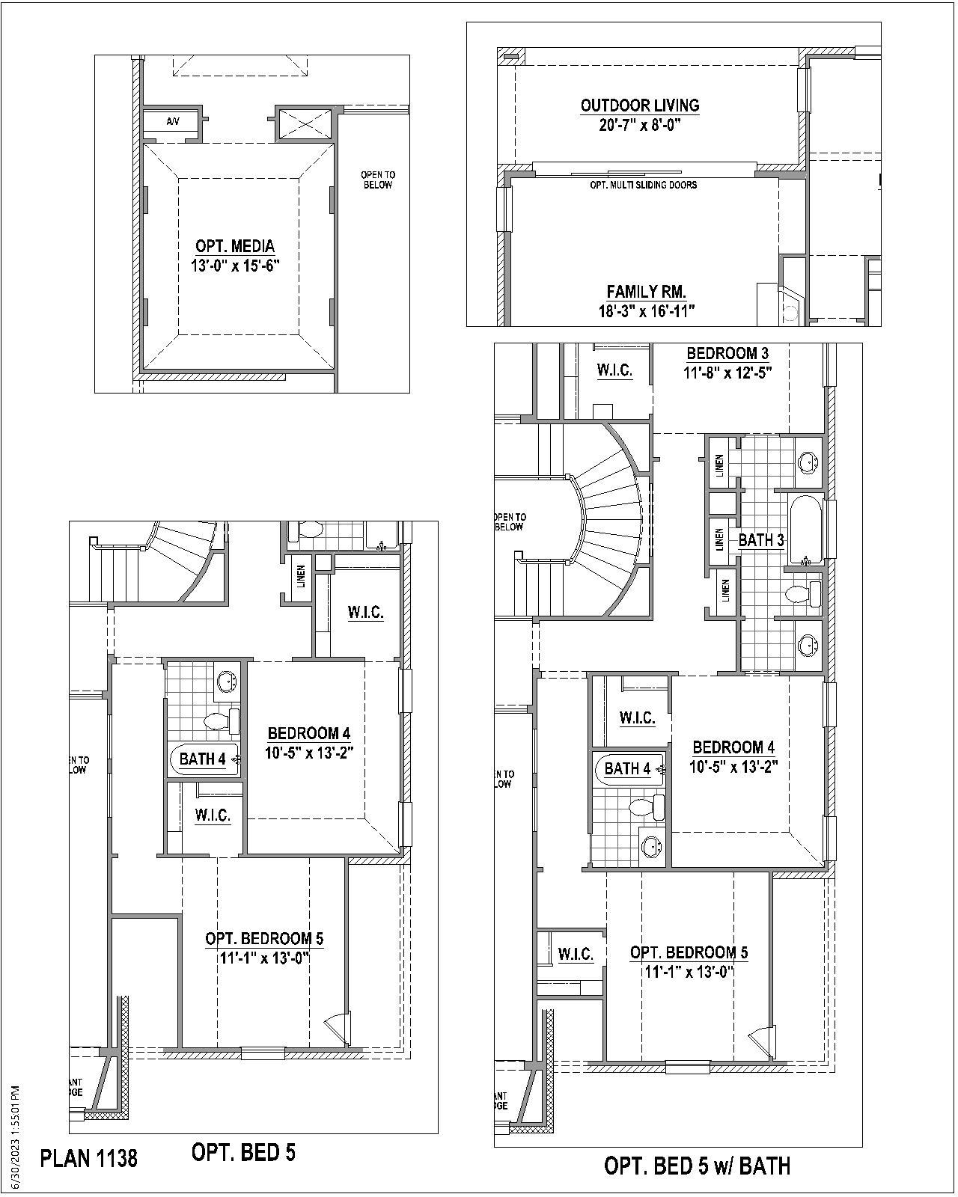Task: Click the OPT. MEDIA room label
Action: [x=235, y=246]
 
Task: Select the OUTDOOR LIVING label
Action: [x=640, y=105]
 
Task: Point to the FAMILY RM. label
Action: [x=646, y=292]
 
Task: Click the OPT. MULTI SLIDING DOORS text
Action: [x=644, y=185]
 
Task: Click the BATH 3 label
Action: [x=761, y=540]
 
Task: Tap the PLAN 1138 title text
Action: [x=89, y=1159]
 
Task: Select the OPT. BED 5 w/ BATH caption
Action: [x=697, y=1166]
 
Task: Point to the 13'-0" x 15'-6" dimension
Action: [x=235, y=265]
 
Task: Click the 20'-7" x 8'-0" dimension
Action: [x=639, y=125]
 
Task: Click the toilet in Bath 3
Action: [x=803, y=595]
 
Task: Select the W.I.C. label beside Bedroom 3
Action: [x=614, y=370]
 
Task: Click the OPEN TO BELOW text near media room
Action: [x=378, y=180]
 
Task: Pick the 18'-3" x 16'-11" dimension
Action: [x=646, y=311]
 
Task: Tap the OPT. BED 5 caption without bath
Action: [x=243, y=1152]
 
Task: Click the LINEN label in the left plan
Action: [x=301, y=576]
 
